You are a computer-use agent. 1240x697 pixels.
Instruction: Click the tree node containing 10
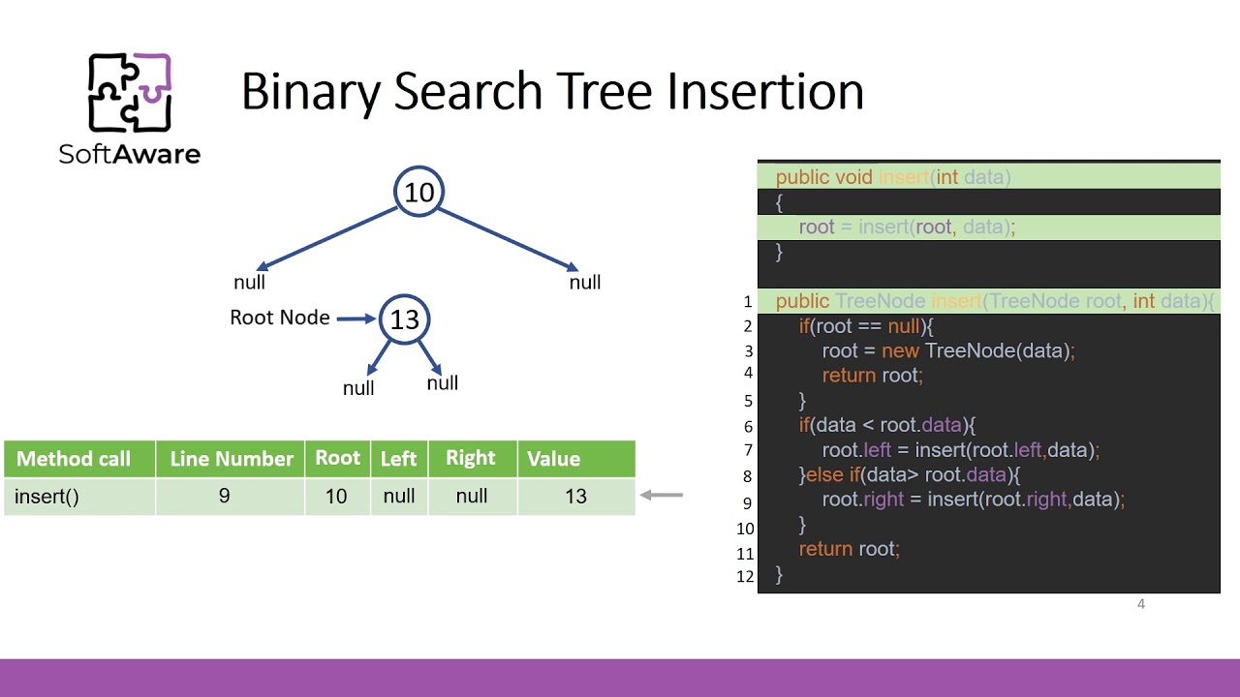point(418,192)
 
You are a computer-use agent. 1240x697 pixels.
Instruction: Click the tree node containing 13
point(404,319)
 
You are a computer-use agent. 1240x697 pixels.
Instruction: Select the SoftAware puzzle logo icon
point(130,92)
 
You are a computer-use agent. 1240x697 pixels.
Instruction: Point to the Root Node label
point(279,318)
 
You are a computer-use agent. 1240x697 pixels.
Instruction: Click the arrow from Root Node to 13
point(356,318)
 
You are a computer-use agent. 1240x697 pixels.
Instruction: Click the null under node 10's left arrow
point(249,283)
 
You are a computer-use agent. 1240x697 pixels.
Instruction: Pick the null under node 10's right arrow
point(585,283)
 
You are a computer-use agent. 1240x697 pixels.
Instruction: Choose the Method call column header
point(74,459)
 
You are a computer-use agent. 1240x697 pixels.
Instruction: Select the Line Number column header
point(232,459)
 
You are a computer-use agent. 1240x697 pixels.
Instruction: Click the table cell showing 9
point(225,497)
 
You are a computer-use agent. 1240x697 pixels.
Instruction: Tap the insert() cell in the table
point(46,497)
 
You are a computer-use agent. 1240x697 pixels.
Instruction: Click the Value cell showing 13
point(575,497)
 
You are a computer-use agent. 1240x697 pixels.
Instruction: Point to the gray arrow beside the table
point(663,496)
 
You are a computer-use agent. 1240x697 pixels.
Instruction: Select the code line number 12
point(745,576)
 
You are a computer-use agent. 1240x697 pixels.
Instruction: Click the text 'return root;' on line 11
point(849,549)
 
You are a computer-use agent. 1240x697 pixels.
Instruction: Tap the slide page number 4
point(1141,604)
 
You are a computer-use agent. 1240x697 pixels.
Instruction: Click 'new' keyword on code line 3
point(900,350)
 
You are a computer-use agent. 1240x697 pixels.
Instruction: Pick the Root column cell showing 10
point(336,497)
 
